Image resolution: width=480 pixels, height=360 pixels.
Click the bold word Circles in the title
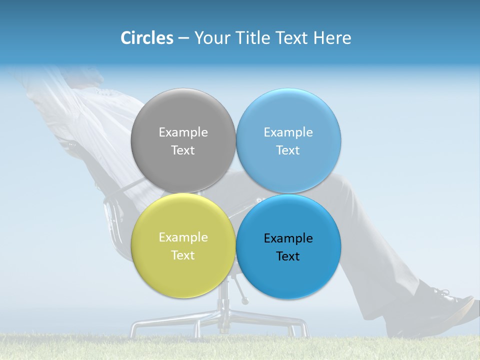click(147, 38)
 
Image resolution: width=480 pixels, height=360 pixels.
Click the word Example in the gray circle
click(183, 132)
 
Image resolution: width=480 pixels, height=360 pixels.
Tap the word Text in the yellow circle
click(183, 255)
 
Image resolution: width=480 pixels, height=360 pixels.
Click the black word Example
click(288, 238)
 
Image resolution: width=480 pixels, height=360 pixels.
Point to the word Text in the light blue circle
click(288, 150)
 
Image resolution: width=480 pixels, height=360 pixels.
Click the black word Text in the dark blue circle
click(288, 256)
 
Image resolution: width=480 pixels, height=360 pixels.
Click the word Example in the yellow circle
click(183, 237)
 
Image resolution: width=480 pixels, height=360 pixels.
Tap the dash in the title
click(183, 38)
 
